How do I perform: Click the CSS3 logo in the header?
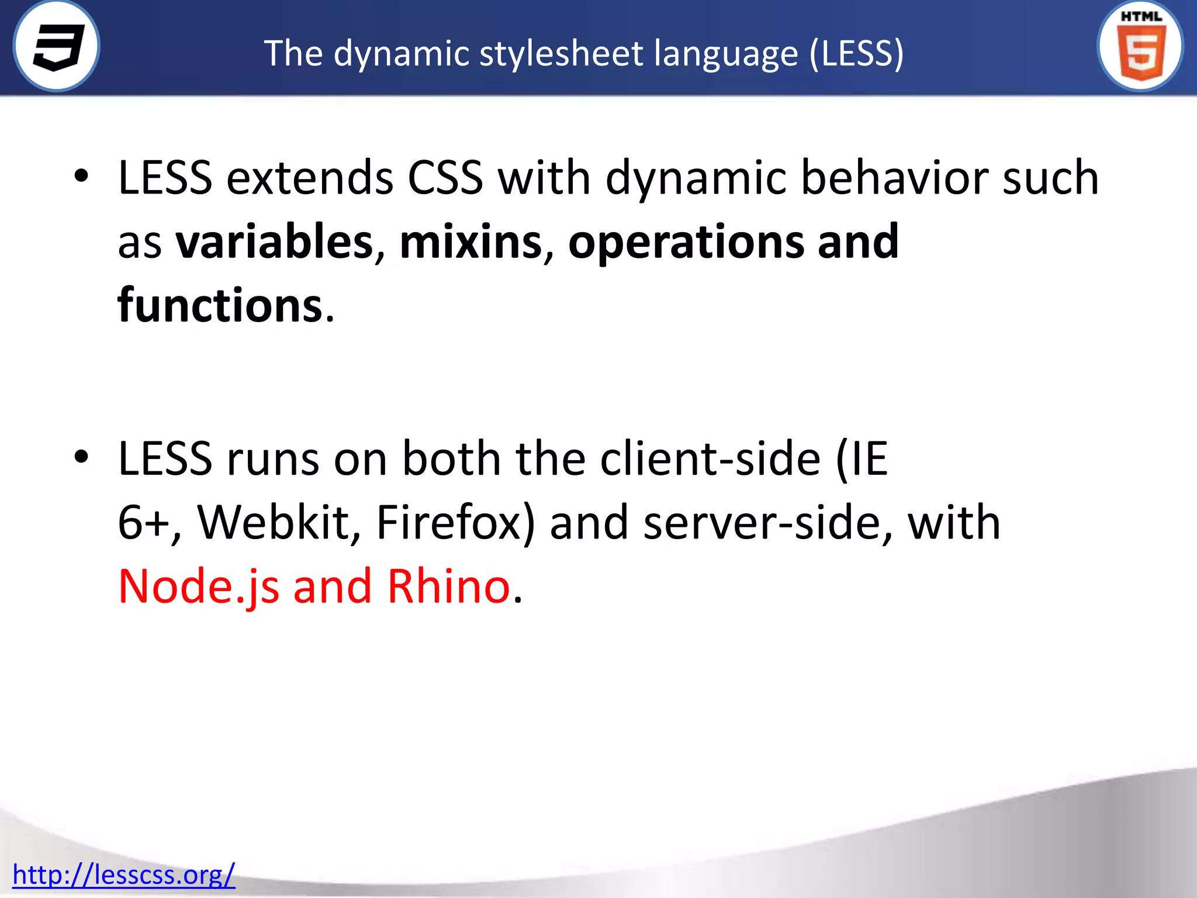[x=57, y=46]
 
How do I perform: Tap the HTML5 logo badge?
[x=1140, y=46]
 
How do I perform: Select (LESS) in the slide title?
[x=857, y=54]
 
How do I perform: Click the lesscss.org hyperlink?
[x=123, y=875]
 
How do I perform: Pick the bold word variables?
[x=275, y=242]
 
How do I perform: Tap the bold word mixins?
[x=471, y=242]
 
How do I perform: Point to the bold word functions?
[x=220, y=305]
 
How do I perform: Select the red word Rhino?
[x=449, y=586]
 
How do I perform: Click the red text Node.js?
[x=199, y=587]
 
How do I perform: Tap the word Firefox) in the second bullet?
[x=455, y=522]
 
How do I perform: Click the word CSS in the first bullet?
[x=445, y=178]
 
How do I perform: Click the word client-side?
[x=710, y=459]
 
